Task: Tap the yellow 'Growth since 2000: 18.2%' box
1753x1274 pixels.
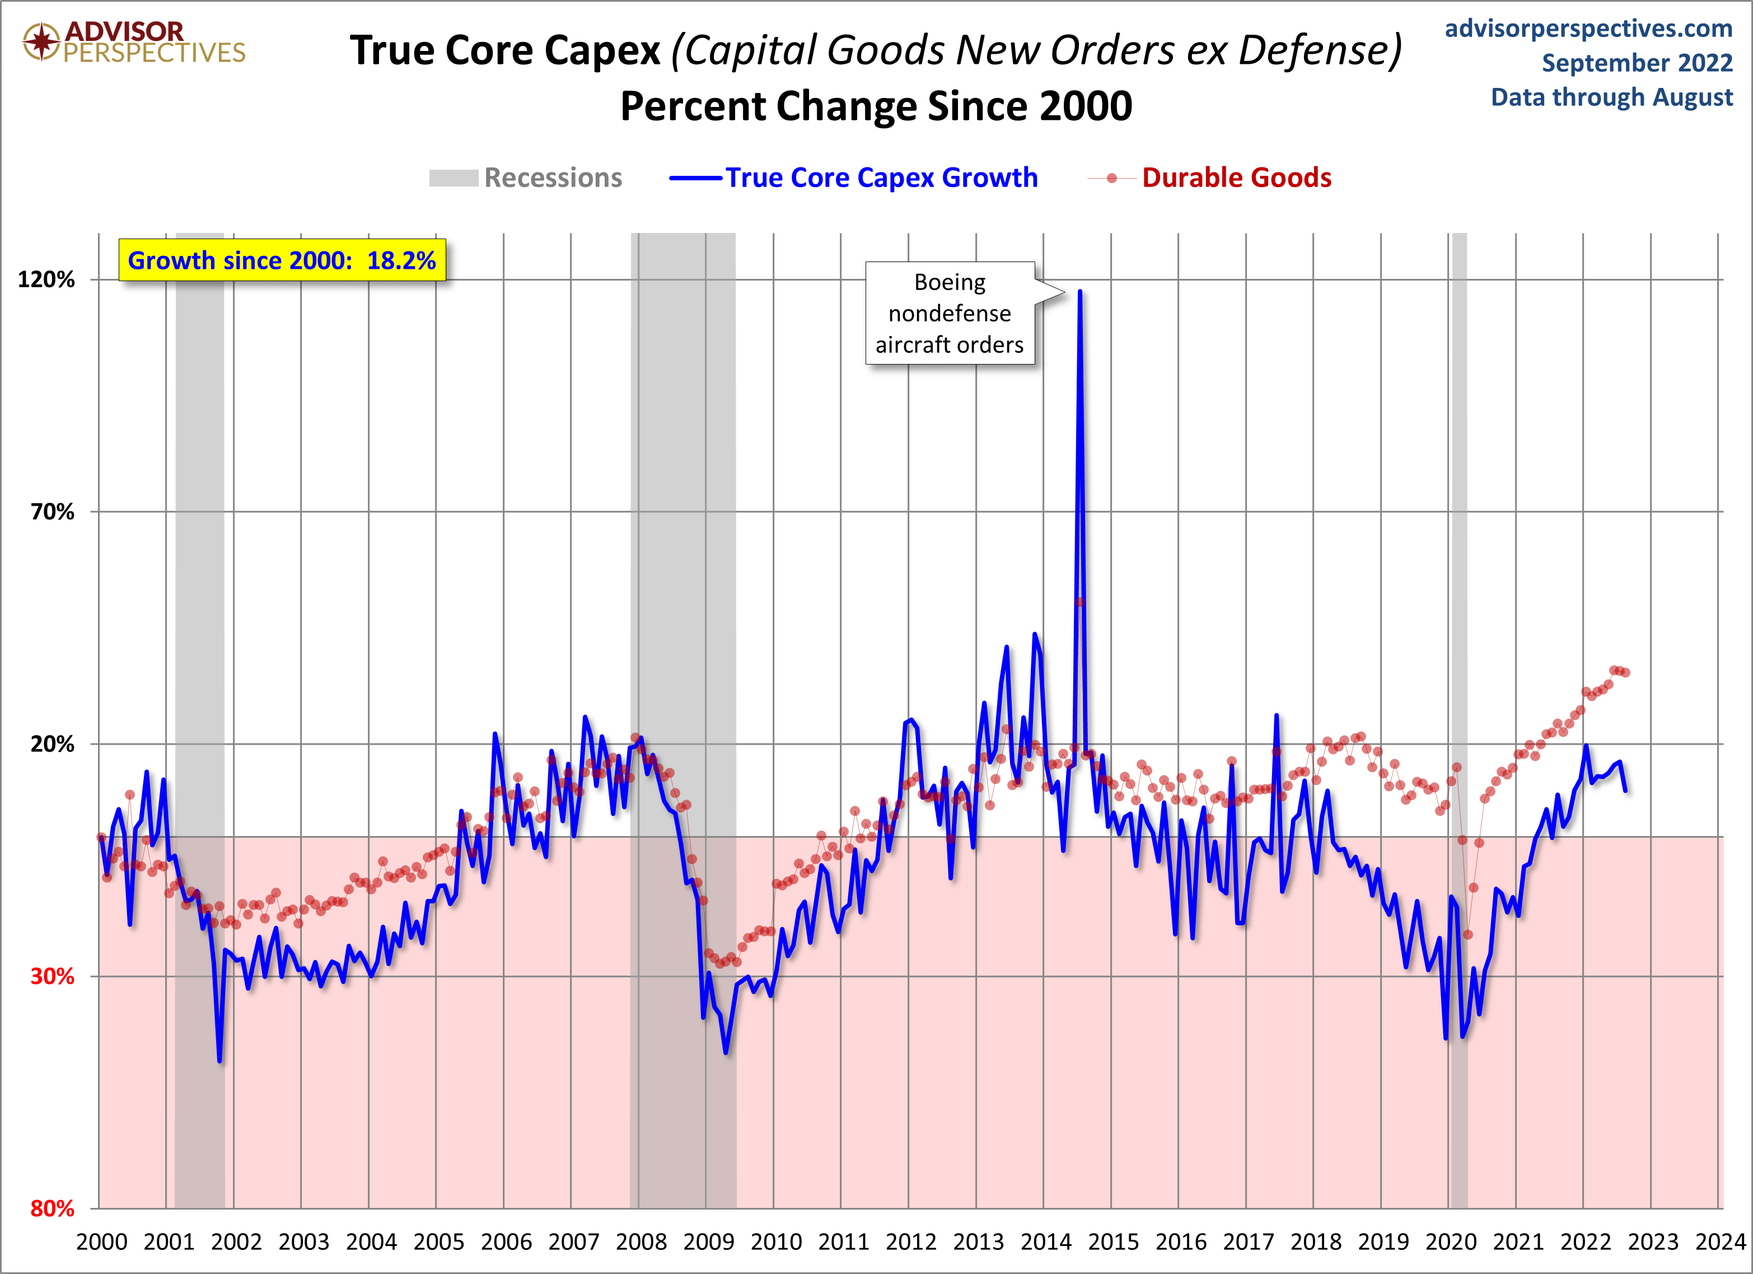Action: point(282,260)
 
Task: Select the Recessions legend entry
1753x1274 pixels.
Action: point(526,178)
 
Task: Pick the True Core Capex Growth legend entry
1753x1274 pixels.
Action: point(853,178)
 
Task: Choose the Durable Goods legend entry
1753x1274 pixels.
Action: point(1210,178)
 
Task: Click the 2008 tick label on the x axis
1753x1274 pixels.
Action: point(641,1242)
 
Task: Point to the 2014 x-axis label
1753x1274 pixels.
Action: point(1046,1242)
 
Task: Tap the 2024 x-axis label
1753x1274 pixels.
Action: point(1721,1242)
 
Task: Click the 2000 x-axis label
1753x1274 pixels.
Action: point(101,1242)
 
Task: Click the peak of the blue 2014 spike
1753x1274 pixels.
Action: point(1080,291)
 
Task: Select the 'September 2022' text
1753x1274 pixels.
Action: point(1637,63)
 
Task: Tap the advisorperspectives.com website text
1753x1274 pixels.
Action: point(1588,29)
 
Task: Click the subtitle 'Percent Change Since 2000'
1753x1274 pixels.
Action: point(876,106)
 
